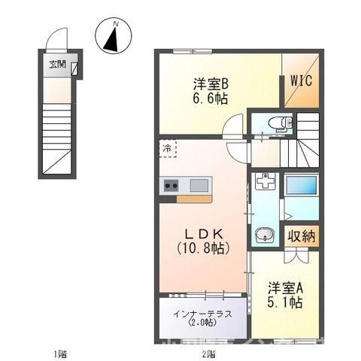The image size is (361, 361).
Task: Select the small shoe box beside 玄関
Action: [76, 70]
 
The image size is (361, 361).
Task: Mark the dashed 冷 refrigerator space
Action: [167, 149]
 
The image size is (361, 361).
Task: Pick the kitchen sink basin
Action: [200, 185]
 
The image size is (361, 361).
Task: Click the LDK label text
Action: [202, 232]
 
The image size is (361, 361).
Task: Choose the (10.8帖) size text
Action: [202, 247]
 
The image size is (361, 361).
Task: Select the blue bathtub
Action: [302, 186]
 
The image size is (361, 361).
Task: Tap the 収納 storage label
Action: [302, 236]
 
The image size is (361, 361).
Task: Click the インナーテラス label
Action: [201, 313]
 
